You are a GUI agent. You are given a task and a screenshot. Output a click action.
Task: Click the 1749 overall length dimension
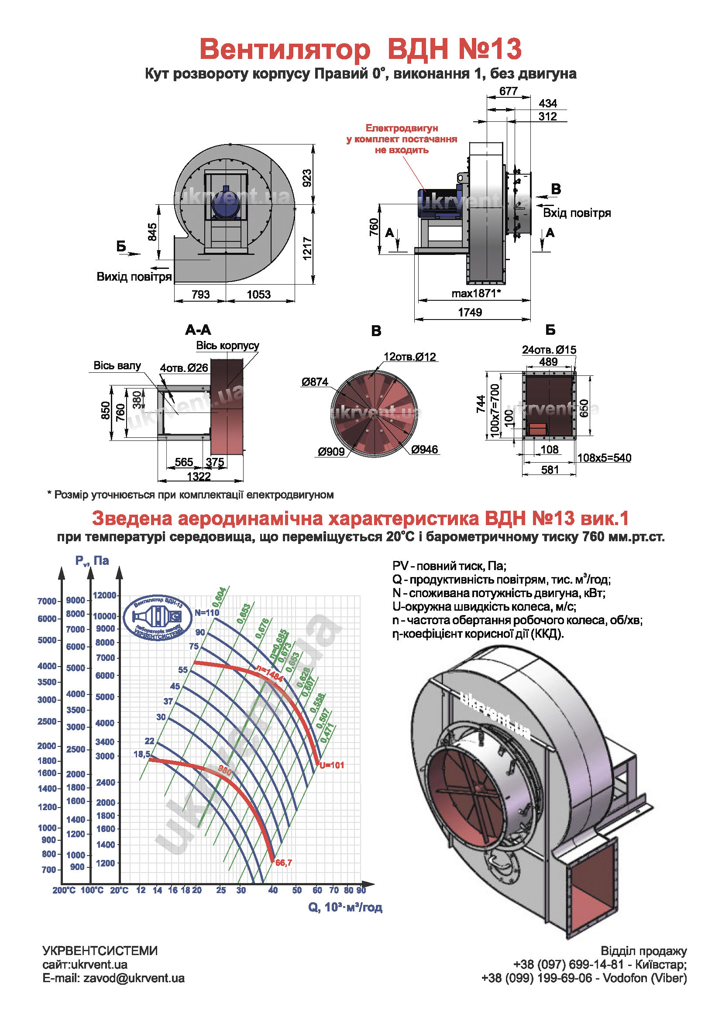pos(470,312)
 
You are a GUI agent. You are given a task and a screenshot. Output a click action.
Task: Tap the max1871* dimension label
pos(476,293)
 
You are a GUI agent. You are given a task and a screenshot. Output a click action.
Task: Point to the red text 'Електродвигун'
pos(402,128)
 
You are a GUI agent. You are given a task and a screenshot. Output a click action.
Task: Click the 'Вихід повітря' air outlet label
pos(134,277)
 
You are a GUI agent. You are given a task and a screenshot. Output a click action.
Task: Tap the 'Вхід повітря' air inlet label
pos(577,213)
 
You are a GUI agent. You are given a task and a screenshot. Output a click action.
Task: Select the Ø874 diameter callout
pos(315,382)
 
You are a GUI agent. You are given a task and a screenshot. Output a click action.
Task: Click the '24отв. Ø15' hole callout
pos(549,350)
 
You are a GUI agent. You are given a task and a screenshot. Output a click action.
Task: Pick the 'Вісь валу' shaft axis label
pos(117,365)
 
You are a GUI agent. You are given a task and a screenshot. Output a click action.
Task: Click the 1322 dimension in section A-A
pos(199,476)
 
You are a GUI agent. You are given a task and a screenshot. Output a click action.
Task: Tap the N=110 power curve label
pos(207,612)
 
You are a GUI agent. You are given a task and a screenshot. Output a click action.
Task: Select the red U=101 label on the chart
pos(332,765)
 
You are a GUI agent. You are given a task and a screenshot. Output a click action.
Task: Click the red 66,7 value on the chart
pos(284,863)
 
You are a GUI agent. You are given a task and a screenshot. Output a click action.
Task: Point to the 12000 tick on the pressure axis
pos(104,595)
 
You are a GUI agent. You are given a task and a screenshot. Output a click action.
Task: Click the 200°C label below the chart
pos(64,890)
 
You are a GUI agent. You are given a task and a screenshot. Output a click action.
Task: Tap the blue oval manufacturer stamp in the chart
pos(158,618)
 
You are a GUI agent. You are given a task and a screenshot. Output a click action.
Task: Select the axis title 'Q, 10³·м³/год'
pos(345,907)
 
